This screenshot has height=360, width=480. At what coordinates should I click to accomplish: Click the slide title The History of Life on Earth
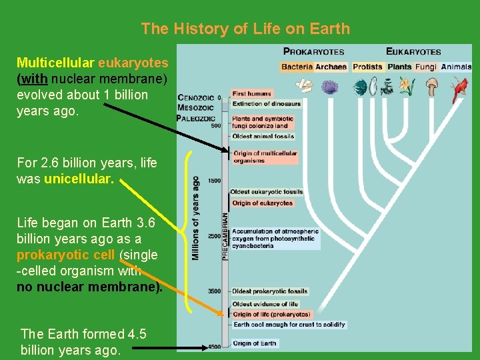coord(245,29)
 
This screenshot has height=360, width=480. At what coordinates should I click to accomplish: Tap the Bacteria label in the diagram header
coord(297,67)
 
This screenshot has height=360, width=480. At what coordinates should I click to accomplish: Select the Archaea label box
coord(331,67)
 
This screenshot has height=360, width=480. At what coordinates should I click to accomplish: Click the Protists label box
coord(367,67)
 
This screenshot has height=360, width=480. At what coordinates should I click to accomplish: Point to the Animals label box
coord(456,67)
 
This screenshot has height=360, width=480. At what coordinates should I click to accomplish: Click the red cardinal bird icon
coord(459,88)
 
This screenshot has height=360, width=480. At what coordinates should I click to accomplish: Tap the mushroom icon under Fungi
coord(433,87)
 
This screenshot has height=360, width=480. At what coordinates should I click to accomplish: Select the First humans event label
coord(252,94)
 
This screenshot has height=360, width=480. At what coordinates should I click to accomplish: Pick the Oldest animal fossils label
coord(263,137)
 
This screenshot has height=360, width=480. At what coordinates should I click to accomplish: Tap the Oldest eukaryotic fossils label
coord(267,192)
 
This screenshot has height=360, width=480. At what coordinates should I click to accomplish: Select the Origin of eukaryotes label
coord(263,203)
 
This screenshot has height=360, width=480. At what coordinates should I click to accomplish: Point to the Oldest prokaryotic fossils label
coord(269,291)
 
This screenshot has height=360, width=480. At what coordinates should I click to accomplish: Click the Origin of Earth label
coord(254,343)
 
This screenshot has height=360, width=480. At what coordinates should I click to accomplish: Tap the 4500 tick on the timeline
coord(213,347)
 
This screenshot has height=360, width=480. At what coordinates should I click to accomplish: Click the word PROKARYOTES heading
coord(314,51)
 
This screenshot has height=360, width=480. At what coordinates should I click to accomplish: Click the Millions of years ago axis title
coord(195,218)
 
